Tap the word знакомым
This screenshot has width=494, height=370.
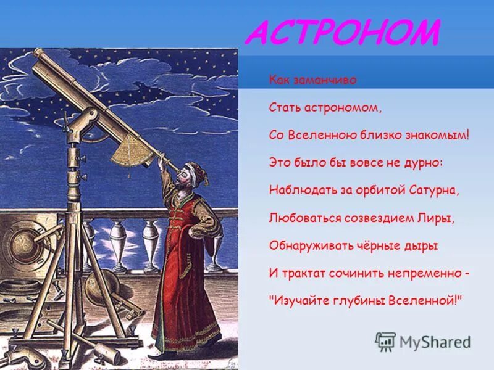pos(436,134)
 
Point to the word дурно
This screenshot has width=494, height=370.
pos(423,162)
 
